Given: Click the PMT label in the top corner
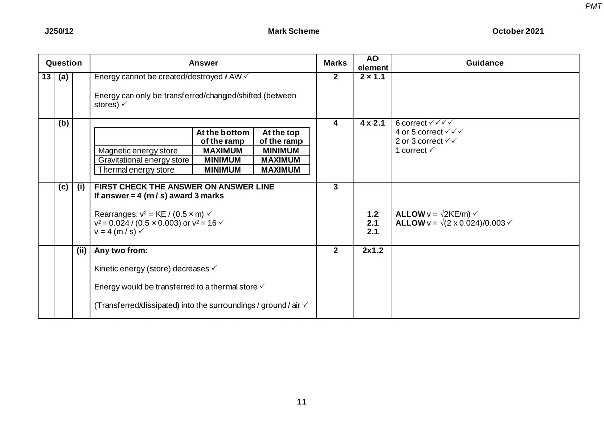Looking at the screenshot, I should pyautogui.click(x=593, y=6).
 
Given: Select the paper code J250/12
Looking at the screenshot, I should pyautogui.click(x=59, y=31).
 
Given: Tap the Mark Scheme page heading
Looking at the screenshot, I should pyautogui.click(x=293, y=31).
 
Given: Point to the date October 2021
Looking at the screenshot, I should pyautogui.click(x=518, y=31).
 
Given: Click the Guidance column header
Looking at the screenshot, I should pyautogui.click(x=485, y=63).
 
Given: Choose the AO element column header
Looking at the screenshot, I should pyautogui.click(x=372, y=63).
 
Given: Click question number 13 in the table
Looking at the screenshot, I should pyautogui.click(x=46, y=77).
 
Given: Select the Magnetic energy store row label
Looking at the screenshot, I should pyautogui.click(x=137, y=151).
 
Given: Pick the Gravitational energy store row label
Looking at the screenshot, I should pyautogui.click(x=143, y=160).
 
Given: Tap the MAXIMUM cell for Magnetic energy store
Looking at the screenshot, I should pyautogui.click(x=222, y=151).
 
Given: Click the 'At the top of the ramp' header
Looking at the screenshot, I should pyautogui.click(x=281, y=137).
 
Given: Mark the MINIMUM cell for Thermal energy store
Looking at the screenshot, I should pyautogui.click(x=222, y=169).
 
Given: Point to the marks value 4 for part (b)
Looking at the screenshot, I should pyautogui.click(x=335, y=123).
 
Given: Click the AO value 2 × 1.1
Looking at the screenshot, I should pyautogui.click(x=372, y=77).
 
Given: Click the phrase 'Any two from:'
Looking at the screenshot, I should pyautogui.click(x=121, y=250).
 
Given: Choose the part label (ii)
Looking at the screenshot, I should pyautogui.click(x=81, y=250).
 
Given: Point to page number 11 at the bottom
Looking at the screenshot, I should pyautogui.click(x=301, y=402).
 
